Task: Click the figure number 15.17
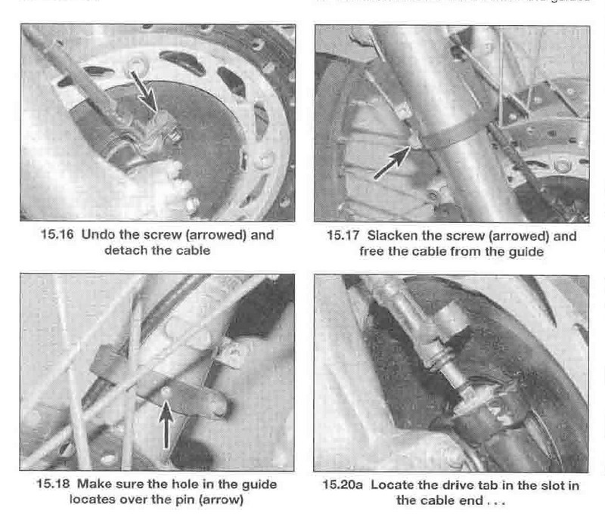coord(344,236)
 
